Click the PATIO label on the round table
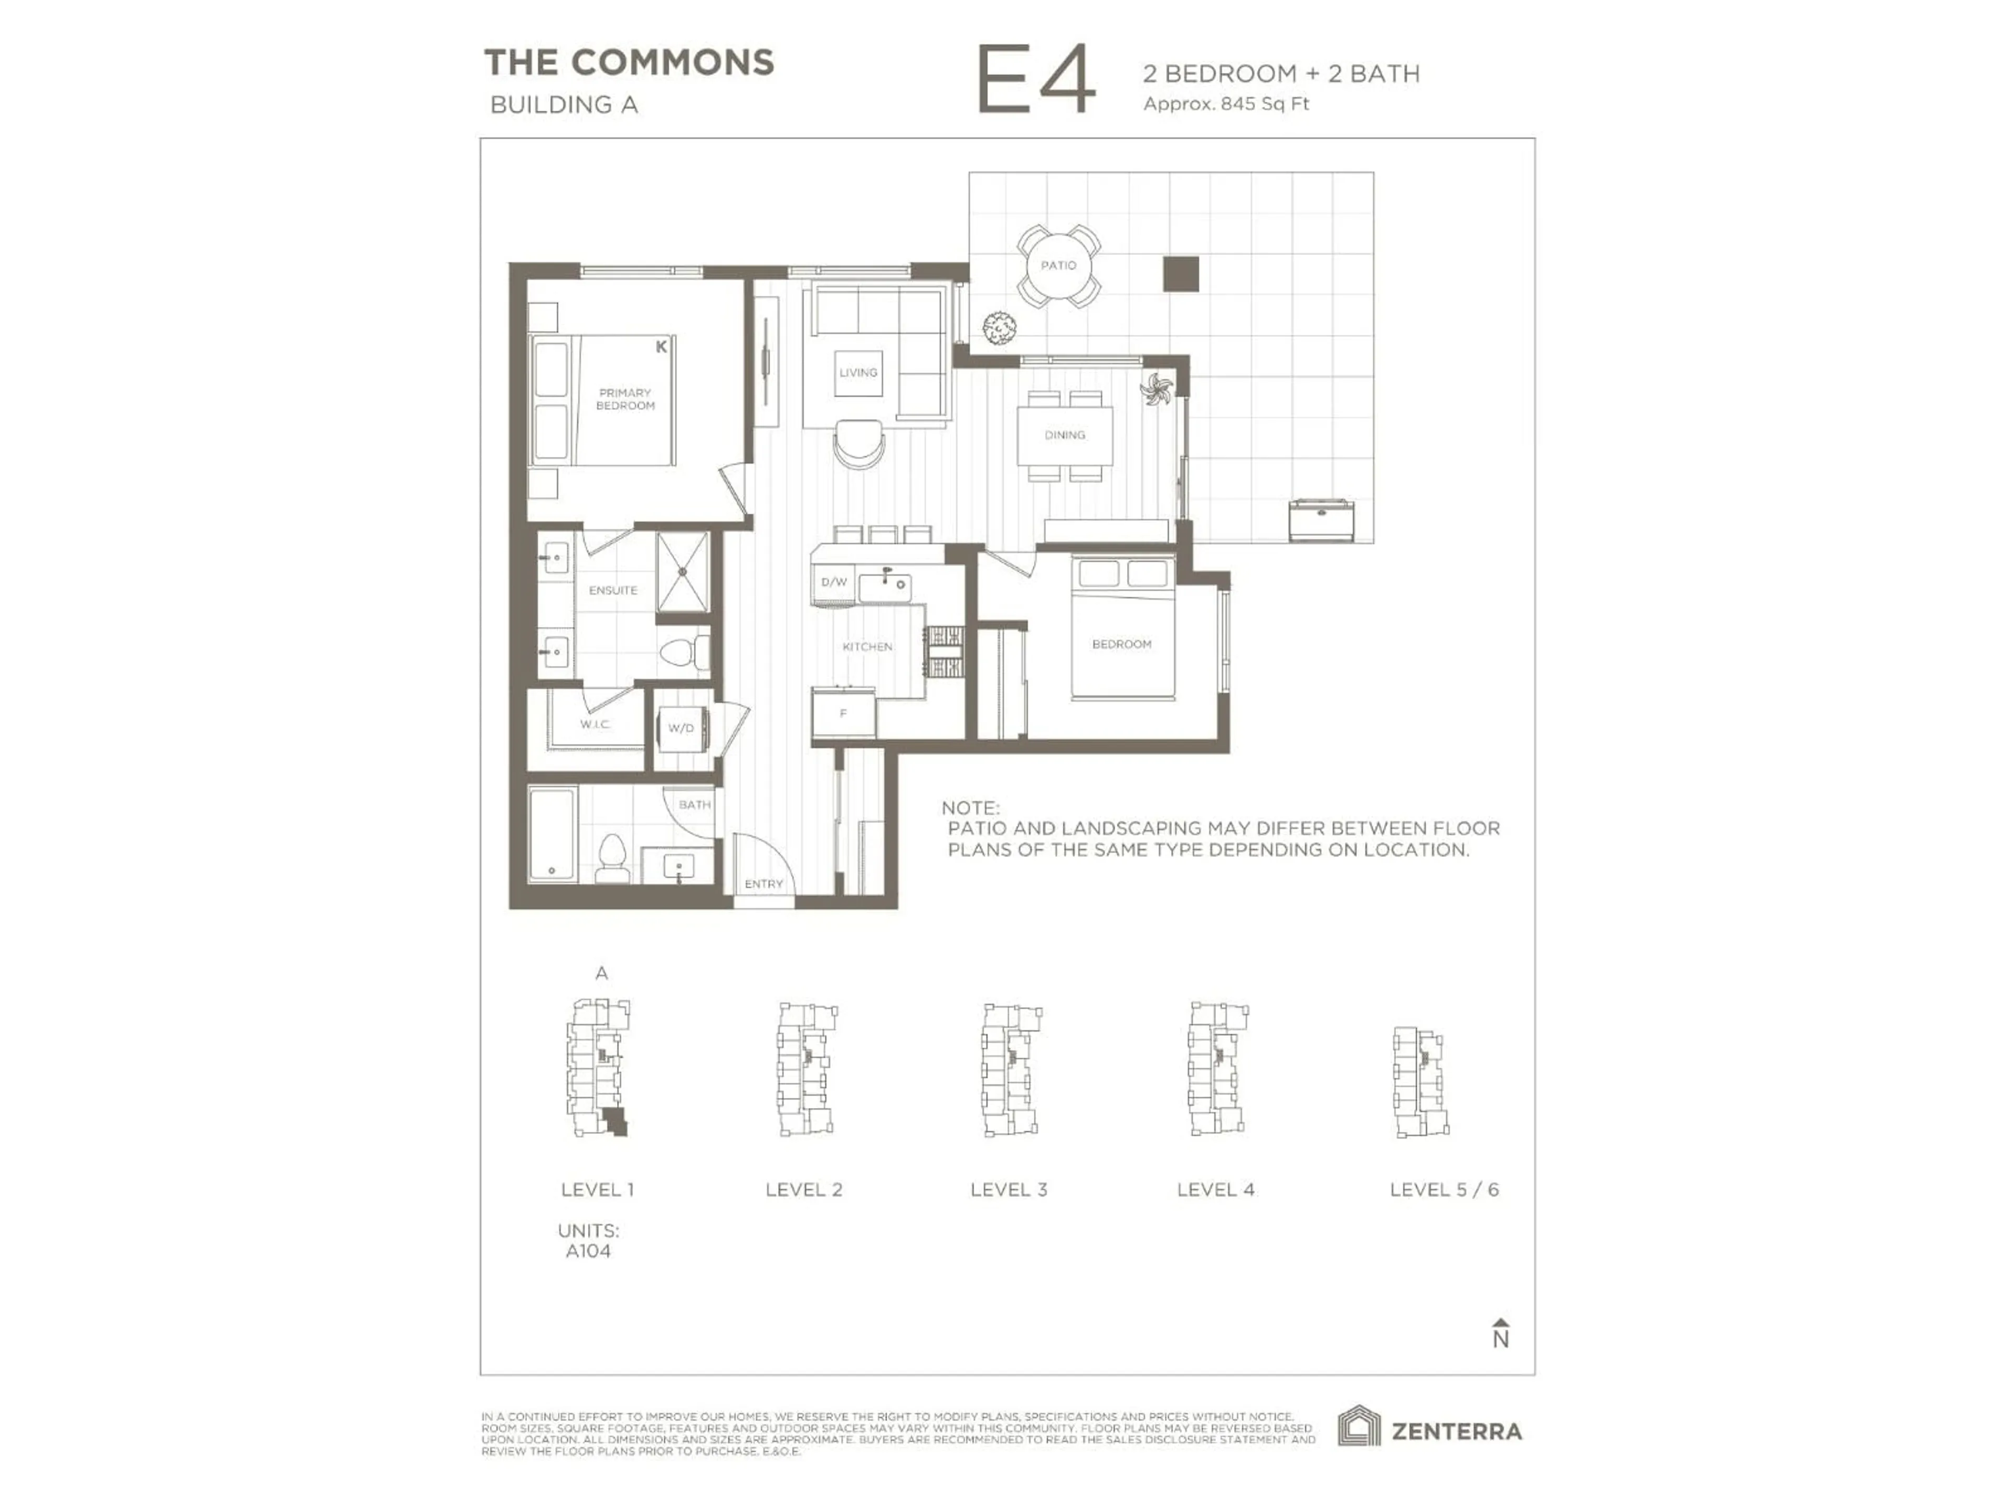pos(1058,265)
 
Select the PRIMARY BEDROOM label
pos(625,399)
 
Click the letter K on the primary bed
pos(661,347)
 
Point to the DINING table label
pos(1065,435)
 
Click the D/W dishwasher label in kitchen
pos(833,582)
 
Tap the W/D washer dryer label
pos(681,728)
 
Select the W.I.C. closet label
pos(595,724)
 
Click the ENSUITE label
pos(613,590)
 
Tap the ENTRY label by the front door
pos(763,884)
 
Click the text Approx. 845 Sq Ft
pos(1226,104)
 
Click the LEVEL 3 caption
pos(1009,1189)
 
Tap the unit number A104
pos(588,1251)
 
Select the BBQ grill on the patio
pos(1321,520)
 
